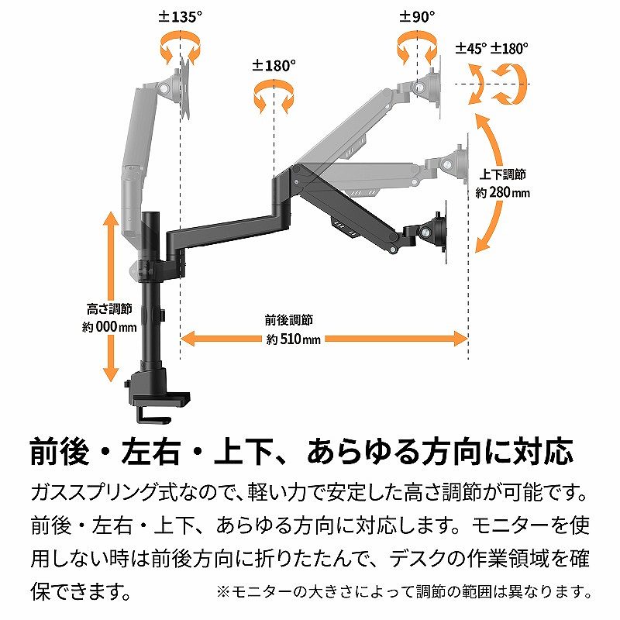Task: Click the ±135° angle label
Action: (x=181, y=16)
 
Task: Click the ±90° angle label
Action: (x=417, y=16)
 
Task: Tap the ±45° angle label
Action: (x=471, y=48)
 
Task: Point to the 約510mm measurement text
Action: (x=293, y=339)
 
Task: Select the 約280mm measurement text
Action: (x=502, y=193)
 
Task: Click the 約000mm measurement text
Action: (x=109, y=327)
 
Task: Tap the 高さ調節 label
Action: (x=109, y=308)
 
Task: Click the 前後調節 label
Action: (x=289, y=320)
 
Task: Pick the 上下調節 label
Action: (x=502, y=174)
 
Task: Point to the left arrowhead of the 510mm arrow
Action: (x=188, y=339)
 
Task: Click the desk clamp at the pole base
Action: (x=158, y=397)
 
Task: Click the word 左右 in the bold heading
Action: (x=151, y=451)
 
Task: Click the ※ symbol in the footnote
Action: (x=223, y=592)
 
